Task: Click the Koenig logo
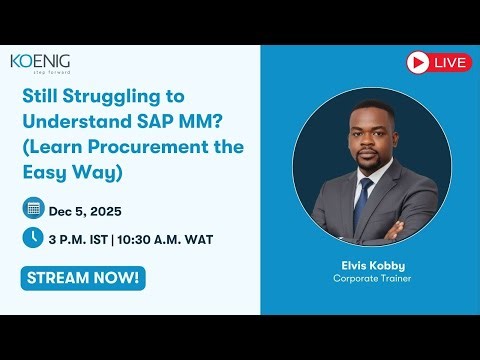point(40,62)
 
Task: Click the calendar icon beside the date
point(32,208)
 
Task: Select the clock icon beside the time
point(32,238)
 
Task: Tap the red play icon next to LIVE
point(418,62)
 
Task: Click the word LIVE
point(451,62)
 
